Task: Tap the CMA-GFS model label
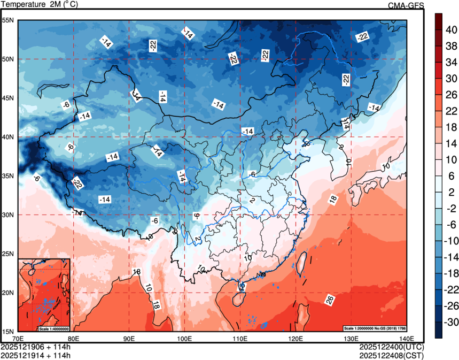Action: (x=406, y=5)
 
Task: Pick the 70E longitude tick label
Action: (x=18, y=338)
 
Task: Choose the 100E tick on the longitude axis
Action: (x=184, y=338)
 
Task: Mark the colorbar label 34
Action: (x=450, y=62)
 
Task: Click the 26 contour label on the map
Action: (x=331, y=300)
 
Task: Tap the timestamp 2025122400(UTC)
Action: (x=391, y=347)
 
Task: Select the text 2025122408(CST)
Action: (x=391, y=354)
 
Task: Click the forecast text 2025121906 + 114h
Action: (x=36, y=347)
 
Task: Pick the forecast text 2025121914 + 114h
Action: (x=36, y=354)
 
